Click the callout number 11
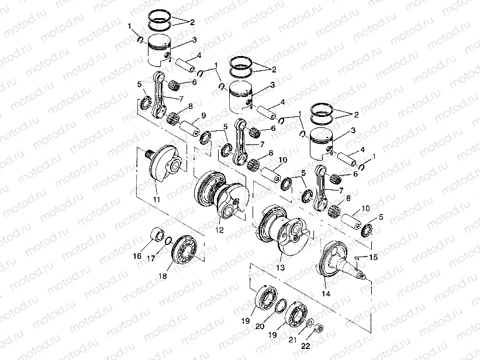pyautogui.click(x=157, y=200)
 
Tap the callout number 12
pyautogui.click(x=220, y=230)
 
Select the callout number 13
pyautogui.click(x=281, y=267)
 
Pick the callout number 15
pyautogui.click(x=375, y=258)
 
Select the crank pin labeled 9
pyautogui.click(x=190, y=126)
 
